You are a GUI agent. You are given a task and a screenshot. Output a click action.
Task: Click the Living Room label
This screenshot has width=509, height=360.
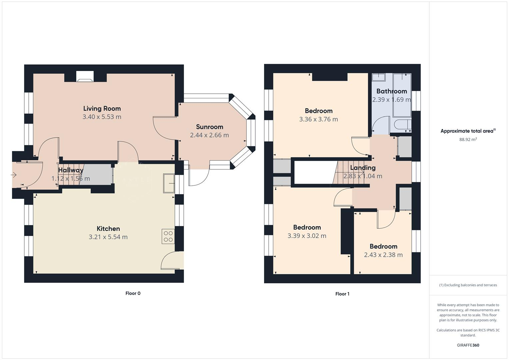point(102,108)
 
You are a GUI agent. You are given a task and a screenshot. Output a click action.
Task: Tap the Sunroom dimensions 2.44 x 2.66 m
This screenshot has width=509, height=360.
point(209,135)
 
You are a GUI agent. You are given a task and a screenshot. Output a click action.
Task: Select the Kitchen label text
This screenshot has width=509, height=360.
point(108,229)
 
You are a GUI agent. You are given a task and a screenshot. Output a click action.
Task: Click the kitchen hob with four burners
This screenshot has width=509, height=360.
point(168,236)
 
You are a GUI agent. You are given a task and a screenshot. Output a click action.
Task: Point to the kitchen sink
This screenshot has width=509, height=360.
point(168,183)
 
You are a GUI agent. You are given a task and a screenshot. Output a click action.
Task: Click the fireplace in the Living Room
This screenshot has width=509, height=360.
point(85,77)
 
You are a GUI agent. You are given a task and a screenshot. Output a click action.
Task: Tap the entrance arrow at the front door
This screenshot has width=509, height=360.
point(14,175)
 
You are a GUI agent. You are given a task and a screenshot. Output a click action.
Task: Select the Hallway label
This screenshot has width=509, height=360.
point(71,170)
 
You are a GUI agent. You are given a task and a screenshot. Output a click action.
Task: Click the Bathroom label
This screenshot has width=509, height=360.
point(391,91)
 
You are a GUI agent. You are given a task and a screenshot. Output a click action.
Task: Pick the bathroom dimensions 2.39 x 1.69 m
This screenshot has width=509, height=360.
point(391,100)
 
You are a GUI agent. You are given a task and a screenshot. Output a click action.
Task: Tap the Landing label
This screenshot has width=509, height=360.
point(363,168)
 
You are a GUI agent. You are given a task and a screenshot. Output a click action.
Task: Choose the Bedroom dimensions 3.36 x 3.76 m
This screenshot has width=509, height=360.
point(318,119)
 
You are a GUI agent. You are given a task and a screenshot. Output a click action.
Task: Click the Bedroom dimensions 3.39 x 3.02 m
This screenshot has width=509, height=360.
point(307,236)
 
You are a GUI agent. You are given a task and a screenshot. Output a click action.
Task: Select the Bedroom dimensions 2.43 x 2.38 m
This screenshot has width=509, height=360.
point(383,255)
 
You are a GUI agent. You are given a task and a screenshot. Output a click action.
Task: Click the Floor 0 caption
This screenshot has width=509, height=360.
point(133,293)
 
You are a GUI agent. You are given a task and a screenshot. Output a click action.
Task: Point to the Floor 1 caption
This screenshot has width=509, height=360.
point(342,294)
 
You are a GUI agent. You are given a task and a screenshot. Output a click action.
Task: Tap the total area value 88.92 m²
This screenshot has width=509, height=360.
point(468,140)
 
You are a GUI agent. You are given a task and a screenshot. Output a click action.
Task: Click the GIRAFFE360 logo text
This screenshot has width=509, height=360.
point(468,345)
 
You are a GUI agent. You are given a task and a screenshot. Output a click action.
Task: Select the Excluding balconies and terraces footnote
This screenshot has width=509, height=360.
point(468,285)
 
